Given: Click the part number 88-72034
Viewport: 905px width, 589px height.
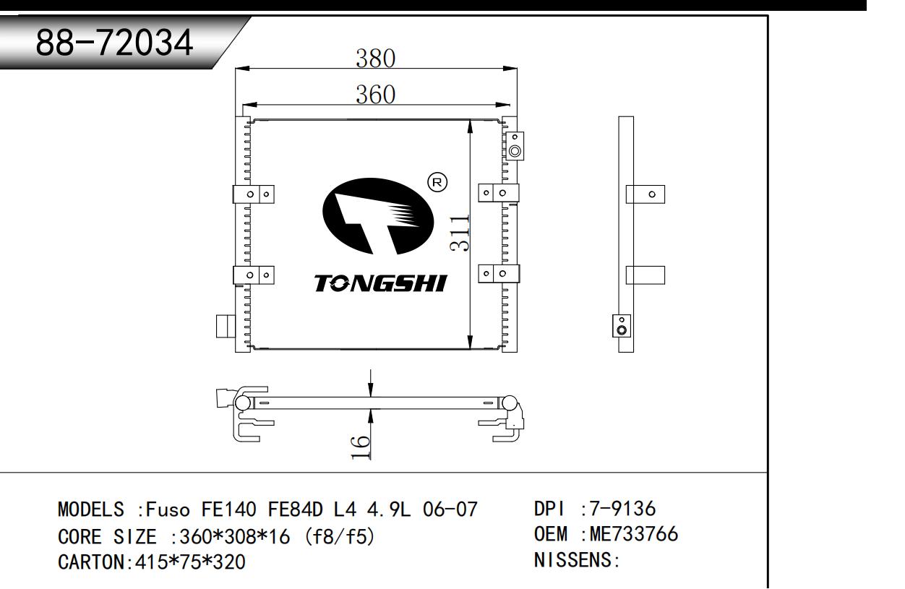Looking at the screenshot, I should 116,45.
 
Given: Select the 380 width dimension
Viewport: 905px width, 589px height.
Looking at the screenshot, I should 375,59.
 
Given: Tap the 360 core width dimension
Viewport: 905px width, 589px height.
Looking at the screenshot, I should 375,95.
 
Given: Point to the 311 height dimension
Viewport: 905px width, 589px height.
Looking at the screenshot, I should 460,233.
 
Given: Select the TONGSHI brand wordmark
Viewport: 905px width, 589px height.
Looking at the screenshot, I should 380,283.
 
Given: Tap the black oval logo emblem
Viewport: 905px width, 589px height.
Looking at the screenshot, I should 377,215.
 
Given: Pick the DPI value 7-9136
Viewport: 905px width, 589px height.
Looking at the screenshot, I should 619,510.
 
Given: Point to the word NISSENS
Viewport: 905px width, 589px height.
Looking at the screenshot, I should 572,562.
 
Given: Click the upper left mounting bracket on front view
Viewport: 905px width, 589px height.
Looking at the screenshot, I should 253,194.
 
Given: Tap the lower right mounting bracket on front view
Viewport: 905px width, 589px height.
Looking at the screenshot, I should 499,273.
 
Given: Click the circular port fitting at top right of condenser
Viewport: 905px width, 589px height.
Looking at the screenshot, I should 515,151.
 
